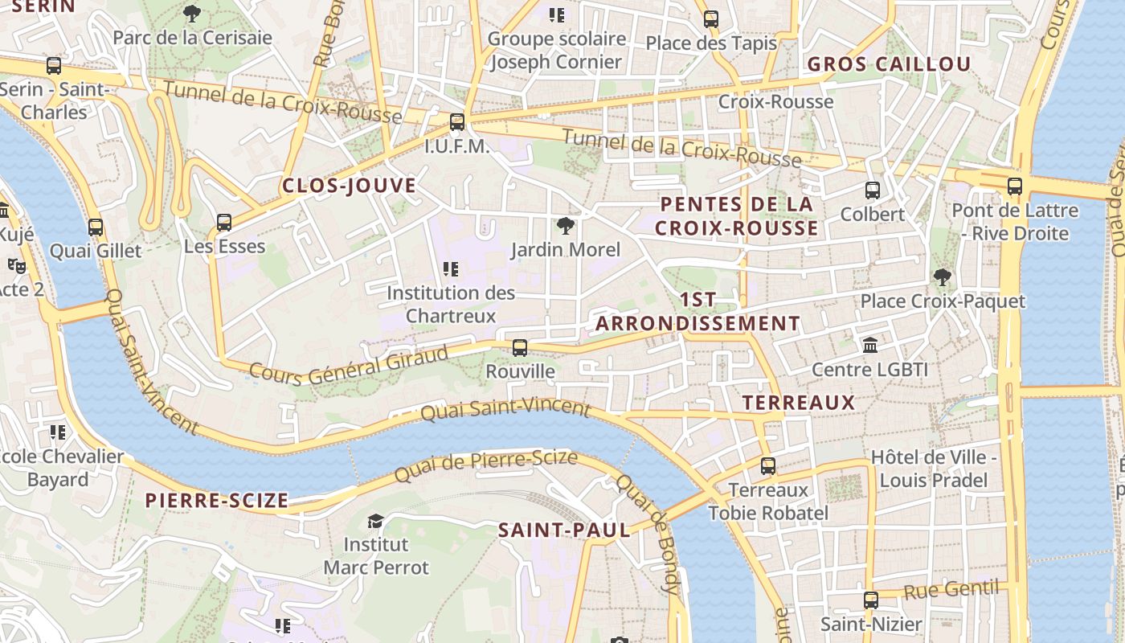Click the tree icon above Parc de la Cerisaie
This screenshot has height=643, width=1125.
pos(191,13)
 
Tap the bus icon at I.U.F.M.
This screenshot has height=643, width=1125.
pos(457,122)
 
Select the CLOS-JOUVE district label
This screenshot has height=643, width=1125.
pos(349,186)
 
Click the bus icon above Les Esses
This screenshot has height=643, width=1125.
pos(224,222)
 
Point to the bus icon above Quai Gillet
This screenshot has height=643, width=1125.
pos(96,227)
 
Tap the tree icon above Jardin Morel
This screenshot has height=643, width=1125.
pos(566,226)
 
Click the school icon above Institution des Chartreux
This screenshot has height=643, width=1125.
pos(451,269)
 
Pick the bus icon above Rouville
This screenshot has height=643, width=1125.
pos(520,348)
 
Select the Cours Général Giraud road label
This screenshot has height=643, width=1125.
pos(348,363)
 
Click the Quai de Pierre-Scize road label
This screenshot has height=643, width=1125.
pos(485,468)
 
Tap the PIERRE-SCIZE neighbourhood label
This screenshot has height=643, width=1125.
pos(216,501)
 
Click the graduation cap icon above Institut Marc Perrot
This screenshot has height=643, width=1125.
pos(375,522)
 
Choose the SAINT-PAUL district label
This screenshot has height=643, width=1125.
pos(564,530)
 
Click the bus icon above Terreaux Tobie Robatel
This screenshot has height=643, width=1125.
pos(768,466)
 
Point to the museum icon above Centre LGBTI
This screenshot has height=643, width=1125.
pos(869,346)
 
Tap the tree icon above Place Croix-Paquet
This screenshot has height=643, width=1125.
pos(943,278)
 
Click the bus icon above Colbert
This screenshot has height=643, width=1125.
pos(873,190)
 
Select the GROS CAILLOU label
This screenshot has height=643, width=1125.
pos(889,64)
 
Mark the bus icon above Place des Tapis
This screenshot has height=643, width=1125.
pos(711,19)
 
